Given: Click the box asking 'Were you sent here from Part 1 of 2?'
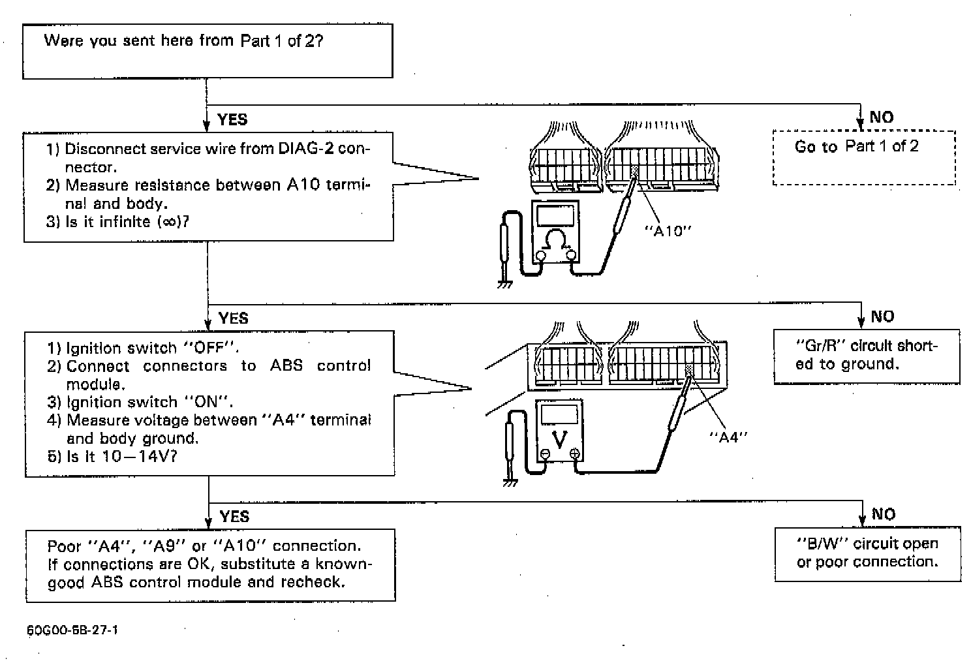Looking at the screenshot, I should (x=208, y=51).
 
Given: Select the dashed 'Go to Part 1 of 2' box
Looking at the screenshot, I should (x=863, y=158).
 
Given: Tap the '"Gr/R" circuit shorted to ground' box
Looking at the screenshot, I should (x=866, y=356).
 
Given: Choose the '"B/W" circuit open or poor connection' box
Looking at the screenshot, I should (x=867, y=553).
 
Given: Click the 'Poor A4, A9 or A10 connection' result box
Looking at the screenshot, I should (x=210, y=564).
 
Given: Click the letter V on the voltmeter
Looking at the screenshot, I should (x=559, y=440).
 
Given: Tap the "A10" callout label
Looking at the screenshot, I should (x=668, y=231).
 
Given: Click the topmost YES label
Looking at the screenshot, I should (x=232, y=119).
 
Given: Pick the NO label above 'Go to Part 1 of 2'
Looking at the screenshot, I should (x=881, y=117).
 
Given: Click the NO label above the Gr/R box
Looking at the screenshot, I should (x=882, y=316).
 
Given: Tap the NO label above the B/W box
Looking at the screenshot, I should (x=884, y=514).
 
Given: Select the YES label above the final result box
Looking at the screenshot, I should (x=234, y=517).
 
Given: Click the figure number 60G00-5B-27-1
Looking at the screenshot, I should (x=72, y=630).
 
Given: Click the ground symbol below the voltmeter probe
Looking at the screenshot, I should (x=510, y=484).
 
